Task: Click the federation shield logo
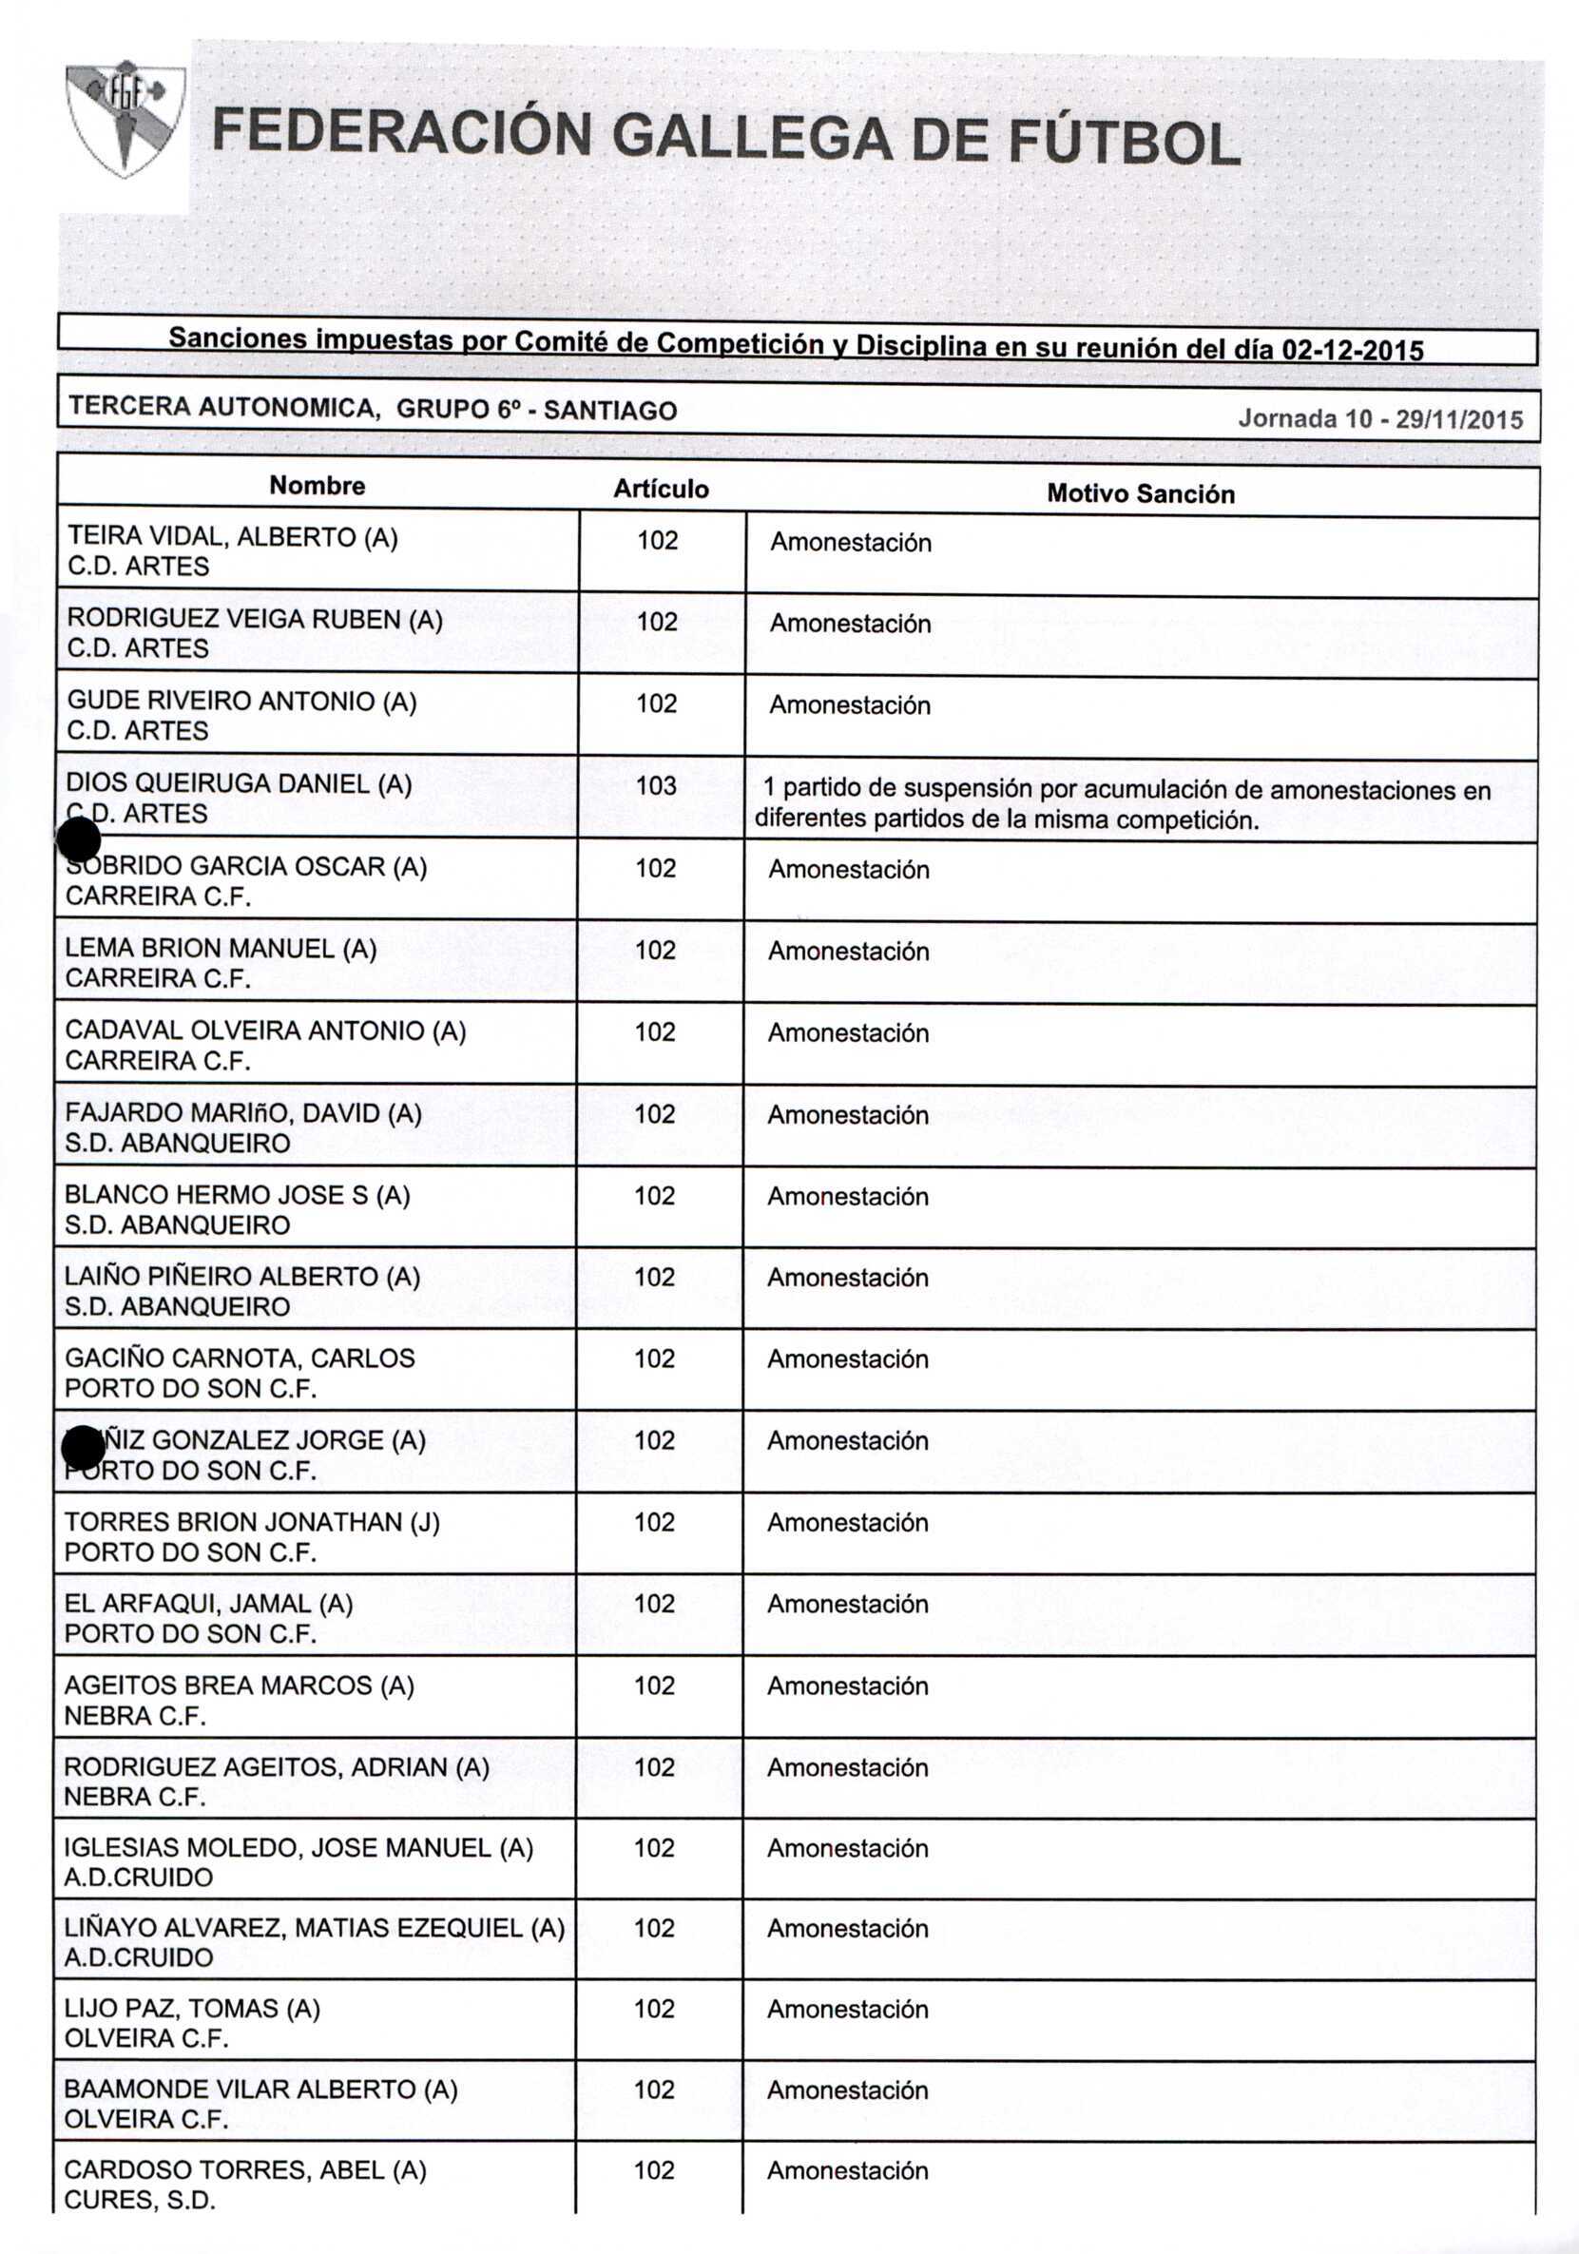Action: (125, 119)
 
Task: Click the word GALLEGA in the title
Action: (752, 137)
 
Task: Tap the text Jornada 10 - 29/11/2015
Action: (1379, 419)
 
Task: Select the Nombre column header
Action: (318, 486)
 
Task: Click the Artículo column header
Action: (661, 489)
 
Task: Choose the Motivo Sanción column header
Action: (1140, 493)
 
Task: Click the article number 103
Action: (656, 785)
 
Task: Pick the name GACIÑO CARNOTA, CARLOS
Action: (240, 1358)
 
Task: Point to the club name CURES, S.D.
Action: (140, 2200)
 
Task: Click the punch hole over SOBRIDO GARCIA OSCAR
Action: (79, 840)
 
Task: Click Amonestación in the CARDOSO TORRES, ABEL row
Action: (847, 2170)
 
